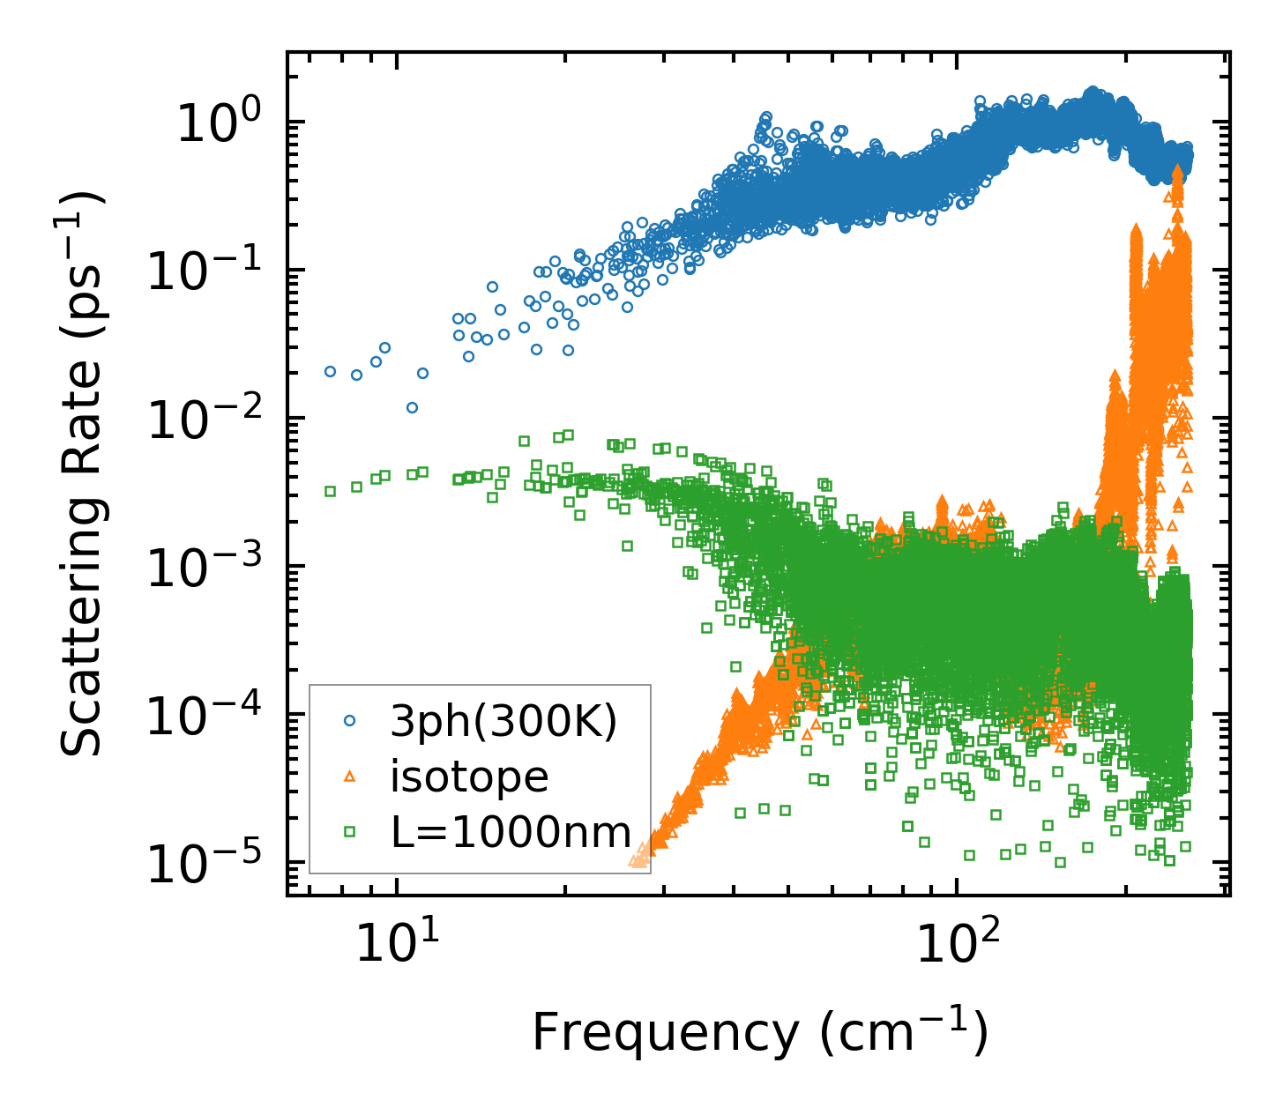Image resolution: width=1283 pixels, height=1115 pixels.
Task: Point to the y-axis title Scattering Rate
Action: (83, 473)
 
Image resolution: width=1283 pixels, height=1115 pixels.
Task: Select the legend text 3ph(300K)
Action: (504, 722)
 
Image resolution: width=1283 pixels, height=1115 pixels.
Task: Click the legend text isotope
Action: (469, 777)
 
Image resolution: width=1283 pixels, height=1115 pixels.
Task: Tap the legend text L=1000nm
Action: (511, 831)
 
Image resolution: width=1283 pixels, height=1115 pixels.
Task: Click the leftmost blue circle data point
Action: (330, 371)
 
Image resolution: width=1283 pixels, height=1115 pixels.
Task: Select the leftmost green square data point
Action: (330, 491)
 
